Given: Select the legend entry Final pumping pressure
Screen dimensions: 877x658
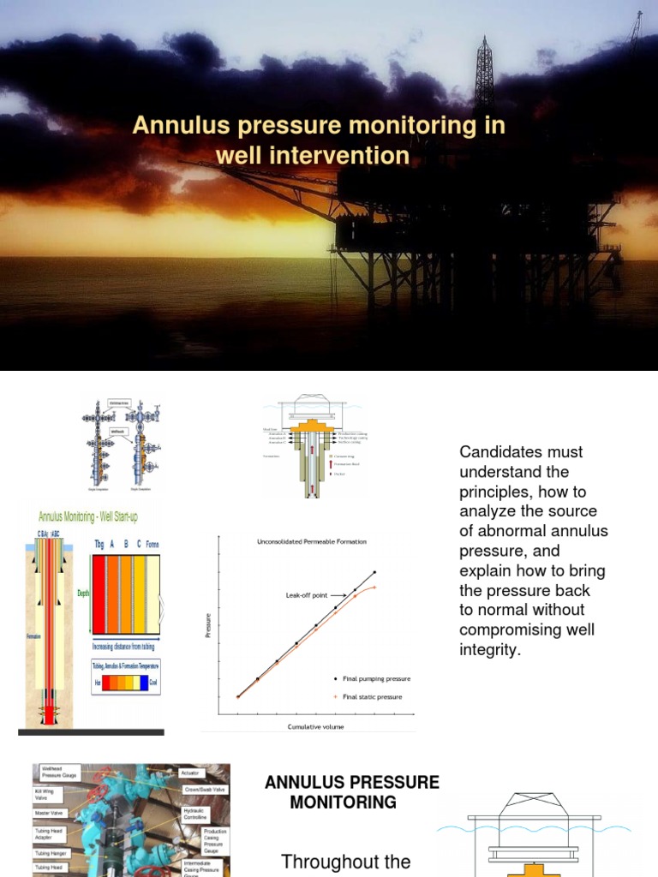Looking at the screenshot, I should point(376,678).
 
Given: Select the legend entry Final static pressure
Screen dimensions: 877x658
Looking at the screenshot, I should point(372,696).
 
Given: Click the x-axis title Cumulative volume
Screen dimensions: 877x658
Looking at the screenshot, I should point(317,726).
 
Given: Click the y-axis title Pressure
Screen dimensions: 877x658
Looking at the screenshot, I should point(207,624).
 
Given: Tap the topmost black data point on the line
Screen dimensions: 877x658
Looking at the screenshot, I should point(374,571).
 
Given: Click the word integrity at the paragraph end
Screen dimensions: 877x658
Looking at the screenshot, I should point(489,650).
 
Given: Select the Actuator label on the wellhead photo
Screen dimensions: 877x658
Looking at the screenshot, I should point(190,773).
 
